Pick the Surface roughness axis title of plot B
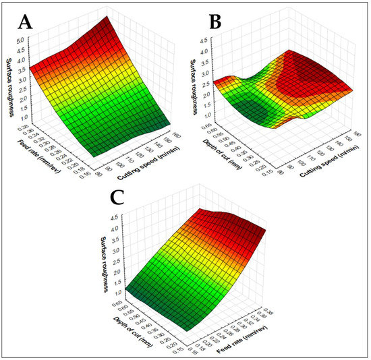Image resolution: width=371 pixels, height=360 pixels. (190, 76)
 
